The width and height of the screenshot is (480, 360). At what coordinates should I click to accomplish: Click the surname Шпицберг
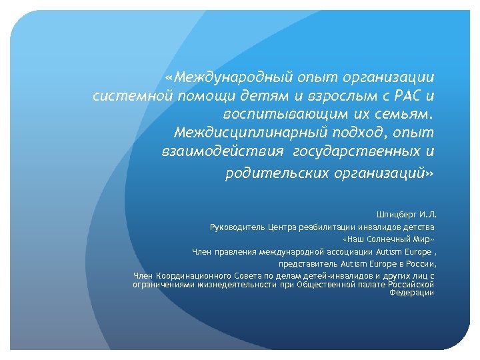[397, 215]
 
